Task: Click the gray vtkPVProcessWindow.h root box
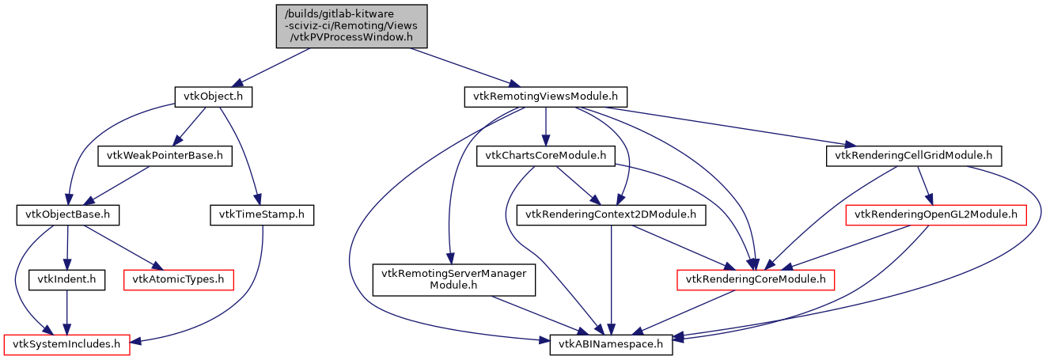pyautogui.click(x=351, y=26)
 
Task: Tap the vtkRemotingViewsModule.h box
pyautogui.click(x=545, y=97)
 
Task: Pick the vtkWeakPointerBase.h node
pyautogui.click(x=165, y=156)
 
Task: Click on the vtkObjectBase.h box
pyautogui.click(x=67, y=214)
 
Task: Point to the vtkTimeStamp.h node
pyautogui.click(x=262, y=214)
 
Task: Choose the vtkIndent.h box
pyautogui.click(x=66, y=279)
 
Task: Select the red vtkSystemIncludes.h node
pyautogui.click(x=66, y=345)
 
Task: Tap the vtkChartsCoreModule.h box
pyautogui.click(x=545, y=156)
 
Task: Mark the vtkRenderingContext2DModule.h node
pyautogui.click(x=611, y=214)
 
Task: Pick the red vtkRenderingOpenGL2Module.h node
pyautogui.click(x=936, y=214)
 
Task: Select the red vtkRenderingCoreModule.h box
pyautogui.click(x=756, y=279)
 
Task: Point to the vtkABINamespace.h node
pyautogui.click(x=611, y=345)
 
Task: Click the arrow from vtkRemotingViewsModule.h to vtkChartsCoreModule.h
pyautogui.click(x=545, y=127)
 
